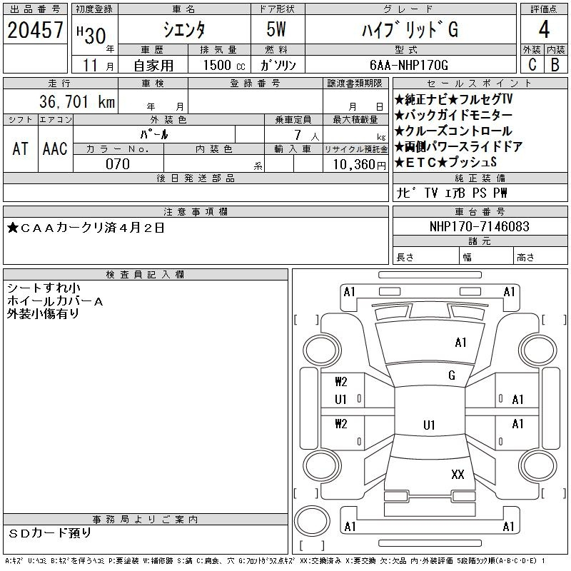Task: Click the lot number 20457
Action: [x=35, y=30]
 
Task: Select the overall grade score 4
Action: [x=544, y=29]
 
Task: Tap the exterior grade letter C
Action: [x=532, y=64]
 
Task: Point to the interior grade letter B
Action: [x=555, y=64]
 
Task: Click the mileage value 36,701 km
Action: [x=77, y=101]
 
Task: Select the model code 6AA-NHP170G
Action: [x=408, y=65]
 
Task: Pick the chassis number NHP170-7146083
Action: [x=479, y=226]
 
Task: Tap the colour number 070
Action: [x=118, y=164]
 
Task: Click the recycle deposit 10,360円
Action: [x=359, y=165]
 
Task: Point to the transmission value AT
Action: [x=20, y=148]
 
